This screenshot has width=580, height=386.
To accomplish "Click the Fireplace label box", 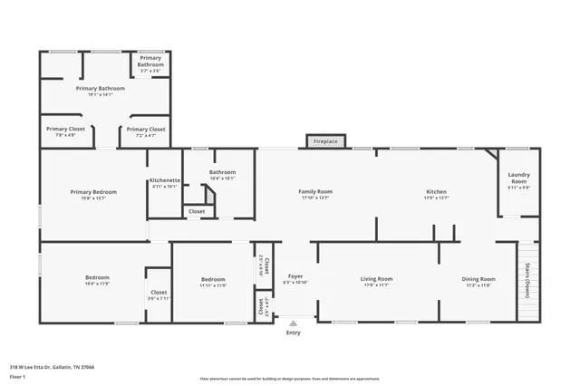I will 325,141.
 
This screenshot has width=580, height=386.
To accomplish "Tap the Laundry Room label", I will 519,179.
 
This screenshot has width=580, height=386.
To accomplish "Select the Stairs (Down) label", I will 527,280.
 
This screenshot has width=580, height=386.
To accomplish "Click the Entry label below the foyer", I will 293,333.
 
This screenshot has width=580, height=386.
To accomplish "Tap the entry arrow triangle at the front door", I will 292,322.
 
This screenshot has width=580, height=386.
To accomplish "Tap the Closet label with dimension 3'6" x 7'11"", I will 159,294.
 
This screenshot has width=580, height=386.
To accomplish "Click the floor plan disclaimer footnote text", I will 289,379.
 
